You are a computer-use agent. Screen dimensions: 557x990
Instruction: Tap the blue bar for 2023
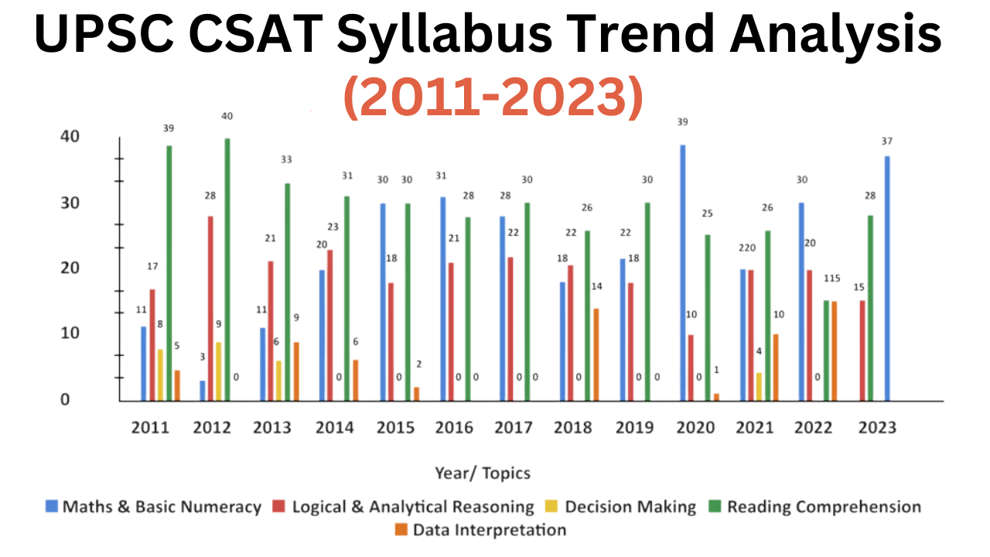pyautogui.click(x=887, y=278)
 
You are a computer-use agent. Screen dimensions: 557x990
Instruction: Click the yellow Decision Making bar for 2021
pyautogui.click(x=759, y=387)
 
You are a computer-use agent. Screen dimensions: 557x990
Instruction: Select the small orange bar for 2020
pyautogui.click(x=716, y=397)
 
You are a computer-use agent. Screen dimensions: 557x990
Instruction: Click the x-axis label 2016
pyautogui.click(x=453, y=428)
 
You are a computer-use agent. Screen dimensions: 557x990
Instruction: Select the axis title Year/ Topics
pyautogui.click(x=483, y=473)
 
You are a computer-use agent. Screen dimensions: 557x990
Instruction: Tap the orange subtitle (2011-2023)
pyautogui.click(x=493, y=97)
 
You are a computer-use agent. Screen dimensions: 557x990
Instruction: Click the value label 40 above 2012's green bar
pyautogui.click(x=227, y=116)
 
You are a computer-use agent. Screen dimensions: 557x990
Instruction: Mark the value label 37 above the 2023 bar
pyautogui.click(x=887, y=141)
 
